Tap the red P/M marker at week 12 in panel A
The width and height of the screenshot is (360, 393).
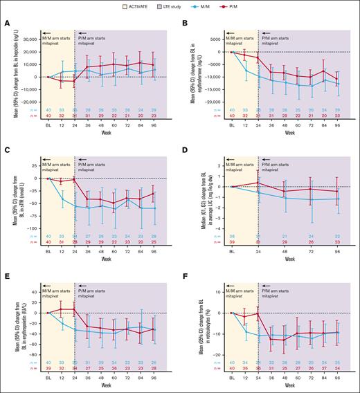tap(62, 81)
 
